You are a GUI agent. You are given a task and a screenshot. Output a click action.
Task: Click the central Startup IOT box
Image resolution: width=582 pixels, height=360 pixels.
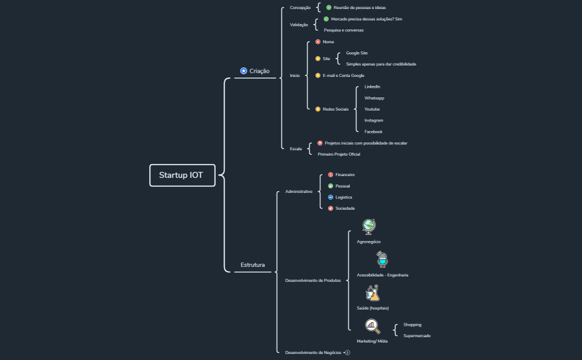pos(182,175)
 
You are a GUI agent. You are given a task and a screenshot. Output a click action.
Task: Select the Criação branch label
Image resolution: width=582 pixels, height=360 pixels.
pos(259,71)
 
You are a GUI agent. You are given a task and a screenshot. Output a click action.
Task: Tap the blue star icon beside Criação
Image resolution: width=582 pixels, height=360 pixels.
pos(244,71)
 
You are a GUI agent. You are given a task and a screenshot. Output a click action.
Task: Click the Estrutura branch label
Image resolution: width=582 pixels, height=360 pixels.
pos(253,264)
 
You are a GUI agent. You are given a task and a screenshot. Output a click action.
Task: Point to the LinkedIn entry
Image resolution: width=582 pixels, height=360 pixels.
pos(372,87)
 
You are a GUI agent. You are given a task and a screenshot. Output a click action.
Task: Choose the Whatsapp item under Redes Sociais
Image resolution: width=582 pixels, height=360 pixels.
pos(374,98)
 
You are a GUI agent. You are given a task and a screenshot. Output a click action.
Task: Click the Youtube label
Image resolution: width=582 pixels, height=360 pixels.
pos(372,109)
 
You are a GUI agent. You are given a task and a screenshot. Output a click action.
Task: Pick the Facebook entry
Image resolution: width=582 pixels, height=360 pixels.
pos(373,132)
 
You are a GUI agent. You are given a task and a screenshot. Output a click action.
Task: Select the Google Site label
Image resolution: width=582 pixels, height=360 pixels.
pos(357,53)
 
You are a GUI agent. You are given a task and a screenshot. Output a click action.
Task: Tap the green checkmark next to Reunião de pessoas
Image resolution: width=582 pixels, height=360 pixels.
pos(329,8)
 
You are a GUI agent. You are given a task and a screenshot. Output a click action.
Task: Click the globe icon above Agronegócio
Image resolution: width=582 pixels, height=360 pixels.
pos(369,226)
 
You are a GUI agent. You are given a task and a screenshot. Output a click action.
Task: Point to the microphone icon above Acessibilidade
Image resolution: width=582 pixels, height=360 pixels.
pos(382,260)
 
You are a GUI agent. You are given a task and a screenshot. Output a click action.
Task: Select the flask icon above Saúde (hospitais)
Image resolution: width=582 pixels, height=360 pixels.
pos(373,293)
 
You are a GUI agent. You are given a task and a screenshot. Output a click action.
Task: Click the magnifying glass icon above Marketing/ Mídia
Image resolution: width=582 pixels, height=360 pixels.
pos(373,326)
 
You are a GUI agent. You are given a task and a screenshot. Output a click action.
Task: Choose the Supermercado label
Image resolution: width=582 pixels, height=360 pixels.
pos(417,335)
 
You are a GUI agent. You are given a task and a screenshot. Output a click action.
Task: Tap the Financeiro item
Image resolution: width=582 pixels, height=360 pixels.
pos(345,174)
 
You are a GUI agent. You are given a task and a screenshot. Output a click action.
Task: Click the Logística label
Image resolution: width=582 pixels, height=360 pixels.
pos(343,197)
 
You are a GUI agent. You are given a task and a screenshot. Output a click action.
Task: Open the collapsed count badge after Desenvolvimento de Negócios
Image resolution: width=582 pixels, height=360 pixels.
pos(348,353)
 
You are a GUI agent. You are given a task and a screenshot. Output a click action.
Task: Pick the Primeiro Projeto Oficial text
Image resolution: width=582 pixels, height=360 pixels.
pos(339,154)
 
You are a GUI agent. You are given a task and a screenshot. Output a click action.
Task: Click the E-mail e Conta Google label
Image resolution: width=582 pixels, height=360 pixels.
pos(343,76)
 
